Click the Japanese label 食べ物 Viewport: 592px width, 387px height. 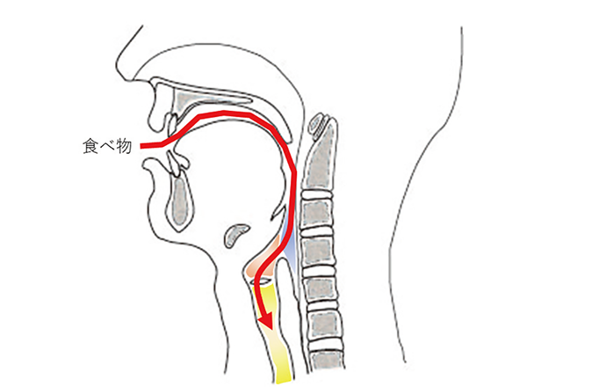click(x=107, y=146)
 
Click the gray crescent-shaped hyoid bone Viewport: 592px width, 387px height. click(x=236, y=235)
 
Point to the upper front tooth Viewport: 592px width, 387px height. click(x=172, y=123)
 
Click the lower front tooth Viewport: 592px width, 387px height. click(x=174, y=164)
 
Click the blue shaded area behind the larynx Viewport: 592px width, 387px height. click(x=290, y=248)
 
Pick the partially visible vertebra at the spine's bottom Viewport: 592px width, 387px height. click(x=326, y=360)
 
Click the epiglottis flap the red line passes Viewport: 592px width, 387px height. click(x=278, y=212)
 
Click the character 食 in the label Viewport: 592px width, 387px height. click(x=90, y=146)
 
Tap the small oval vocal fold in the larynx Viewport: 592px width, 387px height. click(x=264, y=281)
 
